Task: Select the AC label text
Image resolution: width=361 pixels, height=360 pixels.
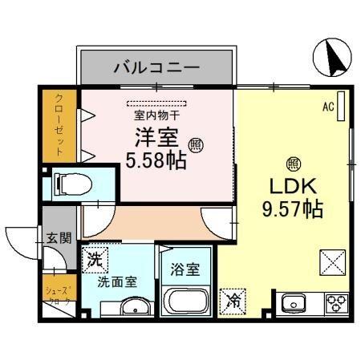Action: (x=327, y=106)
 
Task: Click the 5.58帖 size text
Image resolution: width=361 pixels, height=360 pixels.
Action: (x=156, y=160)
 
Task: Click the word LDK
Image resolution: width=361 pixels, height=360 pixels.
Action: (x=291, y=189)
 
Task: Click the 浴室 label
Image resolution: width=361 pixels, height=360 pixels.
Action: (x=185, y=270)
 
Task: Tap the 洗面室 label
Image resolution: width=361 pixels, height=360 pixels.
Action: (x=117, y=281)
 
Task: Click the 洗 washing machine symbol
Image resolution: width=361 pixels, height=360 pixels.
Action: (x=95, y=260)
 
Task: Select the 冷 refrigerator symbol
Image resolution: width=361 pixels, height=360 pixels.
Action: (x=235, y=300)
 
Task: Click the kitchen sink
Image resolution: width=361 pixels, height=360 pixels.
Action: (x=294, y=304)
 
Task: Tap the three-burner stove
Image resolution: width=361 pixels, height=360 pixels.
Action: (x=335, y=303)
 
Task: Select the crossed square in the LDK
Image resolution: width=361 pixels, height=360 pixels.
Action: (x=332, y=262)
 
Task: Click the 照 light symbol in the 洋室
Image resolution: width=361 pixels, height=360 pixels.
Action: (x=195, y=144)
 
